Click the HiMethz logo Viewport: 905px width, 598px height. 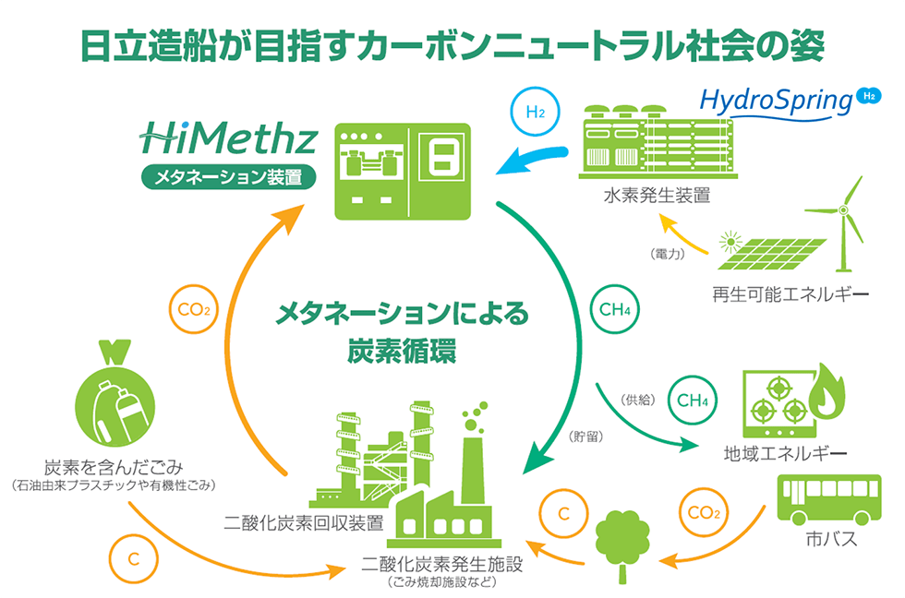(228, 139)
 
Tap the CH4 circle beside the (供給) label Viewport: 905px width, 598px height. (692, 400)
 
